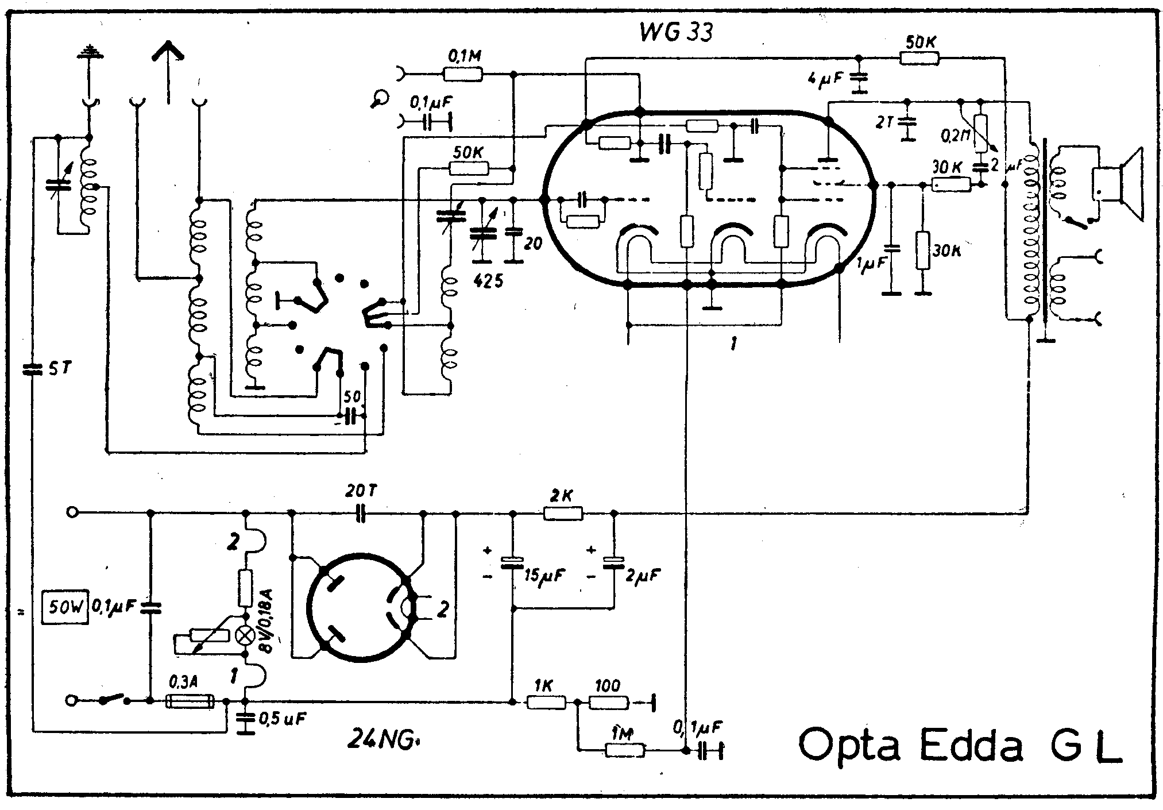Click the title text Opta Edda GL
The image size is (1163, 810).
(x=959, y=746)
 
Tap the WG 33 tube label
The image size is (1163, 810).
(x=676, y=32)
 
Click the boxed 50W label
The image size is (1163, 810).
(x=65, y=607)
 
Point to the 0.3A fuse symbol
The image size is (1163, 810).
(x=190, y=701)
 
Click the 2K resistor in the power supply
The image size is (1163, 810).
(x=563, y=513)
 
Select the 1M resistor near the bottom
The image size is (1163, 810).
(x=625, y=750)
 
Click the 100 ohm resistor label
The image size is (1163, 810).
(x=608, y=685)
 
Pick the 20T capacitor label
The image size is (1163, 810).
(x=361, y=492)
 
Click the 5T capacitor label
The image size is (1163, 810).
(x=59, y=369)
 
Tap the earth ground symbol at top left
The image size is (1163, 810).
(x=89, y=53)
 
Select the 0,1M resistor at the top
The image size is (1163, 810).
(x=463, y=74)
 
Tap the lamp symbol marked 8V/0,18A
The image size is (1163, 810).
(x=245, y=636)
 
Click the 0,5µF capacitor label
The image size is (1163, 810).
(x=282, y=719)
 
